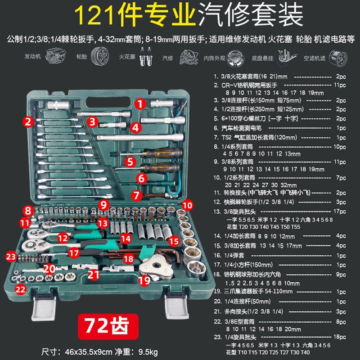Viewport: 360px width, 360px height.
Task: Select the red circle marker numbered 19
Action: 144,281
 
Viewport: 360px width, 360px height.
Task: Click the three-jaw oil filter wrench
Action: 151,268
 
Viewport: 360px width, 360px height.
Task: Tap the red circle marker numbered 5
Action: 130,160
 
